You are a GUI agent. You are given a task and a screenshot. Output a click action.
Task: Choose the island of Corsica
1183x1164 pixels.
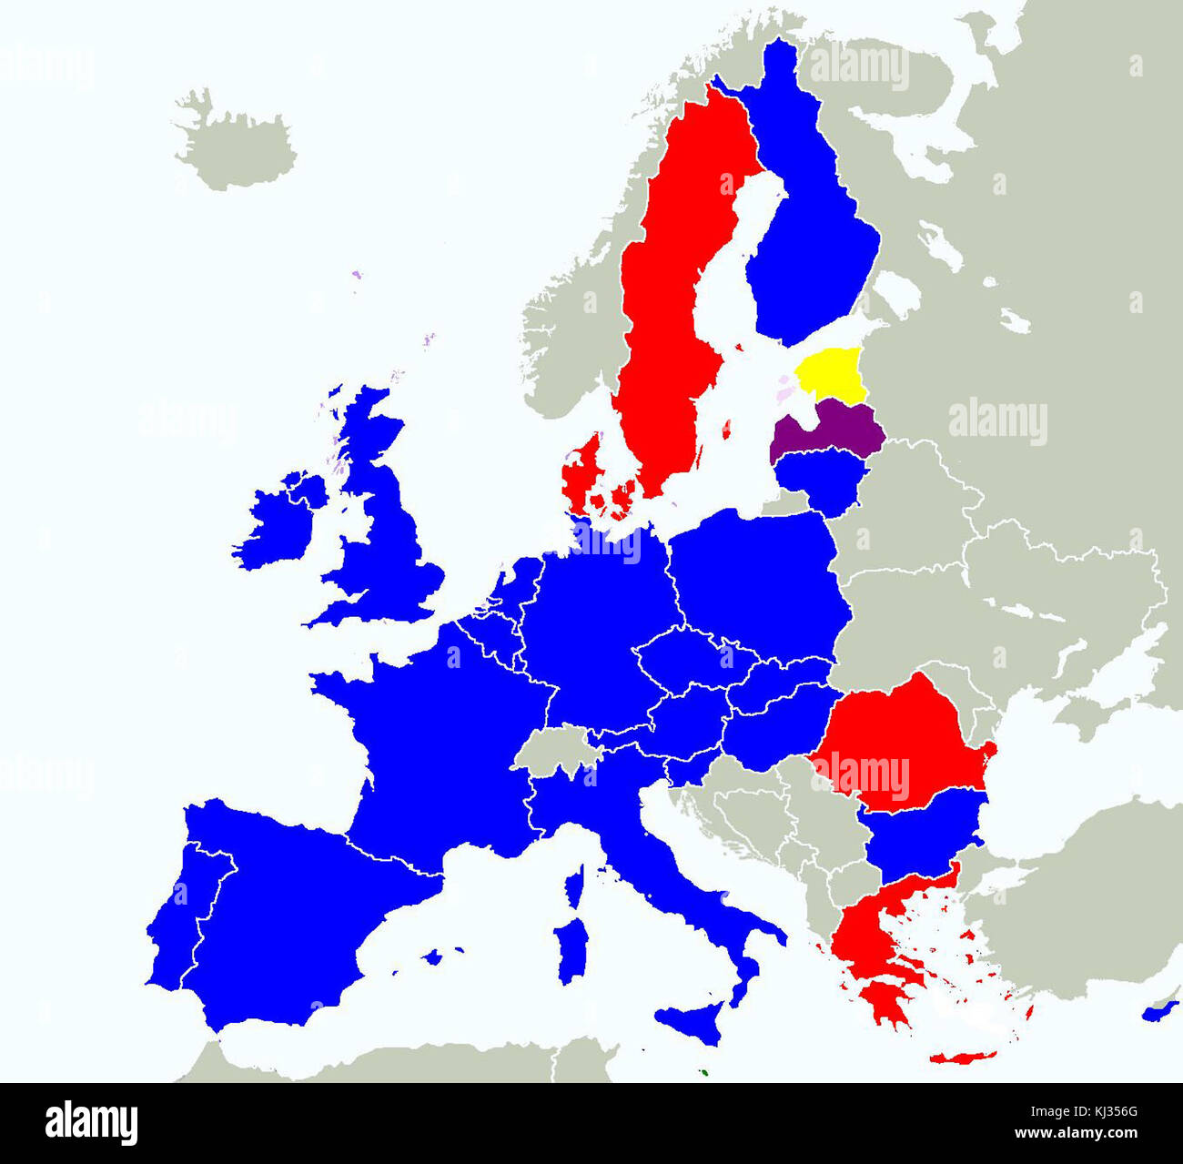click(x=573, y=886)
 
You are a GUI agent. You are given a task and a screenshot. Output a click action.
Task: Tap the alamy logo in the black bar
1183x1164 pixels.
click(x=91, y=1122)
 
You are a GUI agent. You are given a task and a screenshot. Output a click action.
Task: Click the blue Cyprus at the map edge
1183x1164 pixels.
click(x=1160, y=1010)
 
